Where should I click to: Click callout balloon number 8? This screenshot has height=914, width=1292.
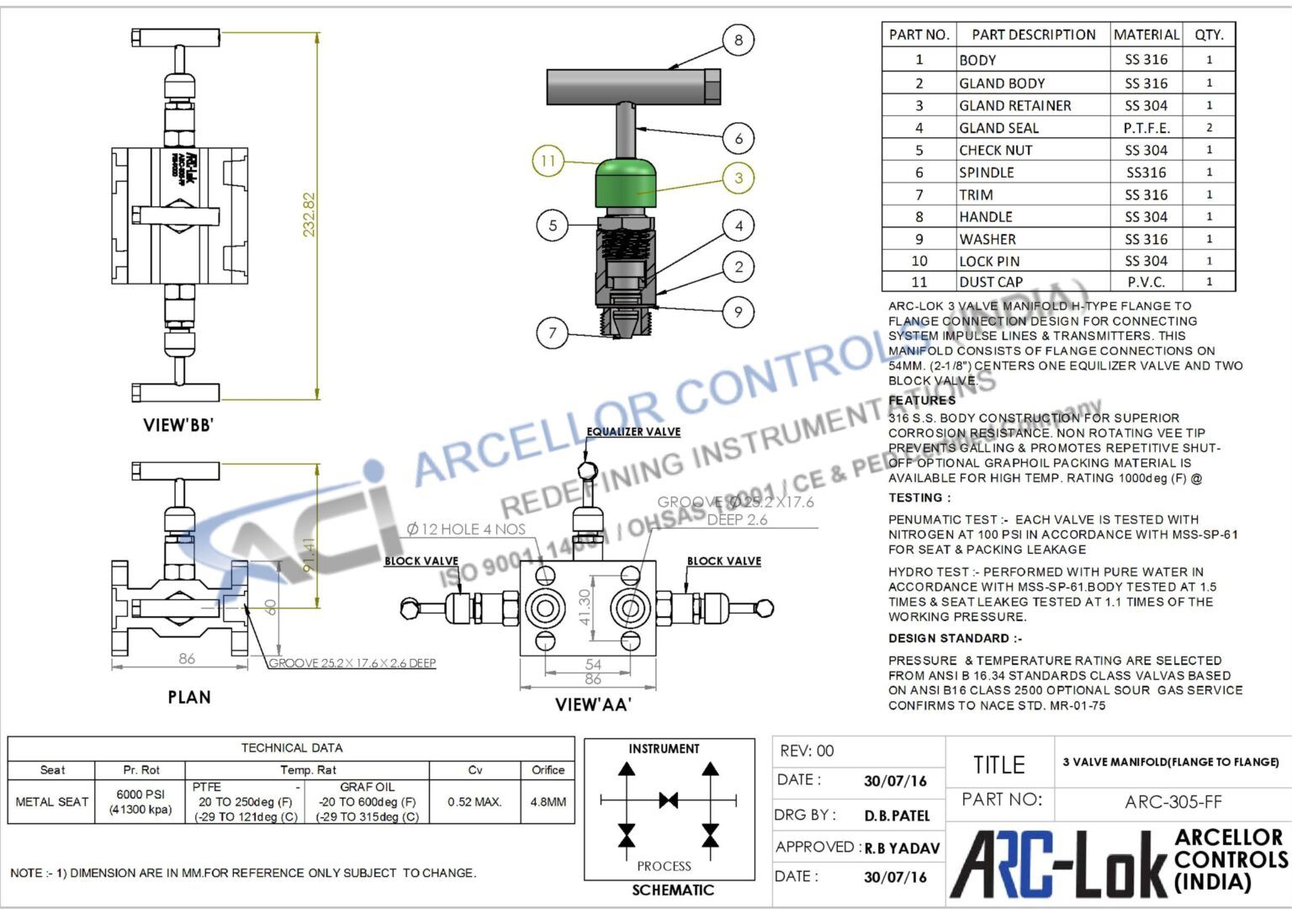click(738, 40)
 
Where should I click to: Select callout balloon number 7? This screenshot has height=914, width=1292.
click(552, 332)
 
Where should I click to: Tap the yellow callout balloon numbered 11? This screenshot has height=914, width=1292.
click(548, 160)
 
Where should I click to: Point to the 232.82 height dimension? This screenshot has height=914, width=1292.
click(309, 215)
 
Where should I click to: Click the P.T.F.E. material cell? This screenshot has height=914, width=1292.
click(1146, 128)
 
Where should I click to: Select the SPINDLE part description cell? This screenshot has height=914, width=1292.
click(987, 173)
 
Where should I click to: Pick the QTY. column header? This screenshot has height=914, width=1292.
click(1209, 35)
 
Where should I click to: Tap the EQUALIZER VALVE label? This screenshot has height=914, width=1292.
click(633, 432)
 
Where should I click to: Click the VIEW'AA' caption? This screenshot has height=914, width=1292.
click(593, 704)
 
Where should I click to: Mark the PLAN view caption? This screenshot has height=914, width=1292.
click(189, 697)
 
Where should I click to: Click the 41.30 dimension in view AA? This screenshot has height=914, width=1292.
click(585, 607)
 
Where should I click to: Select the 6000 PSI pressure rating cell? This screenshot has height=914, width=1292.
click(140, 801)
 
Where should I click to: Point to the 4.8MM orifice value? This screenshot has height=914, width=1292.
click(548, 802)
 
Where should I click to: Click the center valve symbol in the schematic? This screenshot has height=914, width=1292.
click(668, 800)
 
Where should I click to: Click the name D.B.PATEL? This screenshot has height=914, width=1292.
click(897, 816)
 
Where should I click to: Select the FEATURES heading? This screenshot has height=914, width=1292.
click(922, 401)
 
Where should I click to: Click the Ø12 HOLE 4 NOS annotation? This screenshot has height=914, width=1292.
click(466, 529)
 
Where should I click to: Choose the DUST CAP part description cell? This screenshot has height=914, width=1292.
click(991, 282)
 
